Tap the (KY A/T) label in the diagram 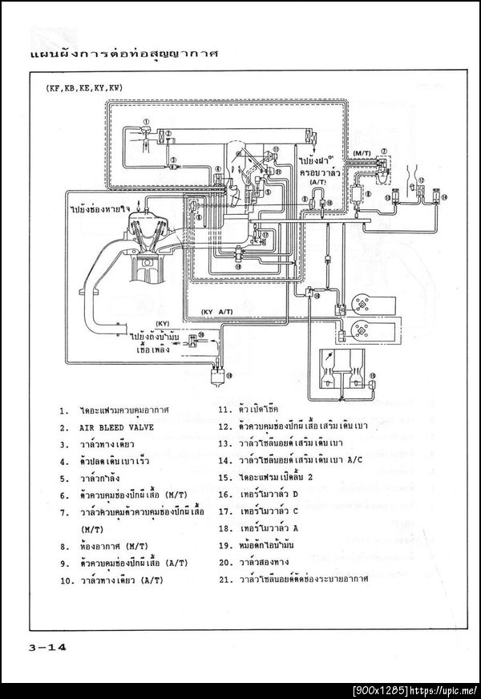[x=217, y=311]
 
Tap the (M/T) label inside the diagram [x=362, y=152]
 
